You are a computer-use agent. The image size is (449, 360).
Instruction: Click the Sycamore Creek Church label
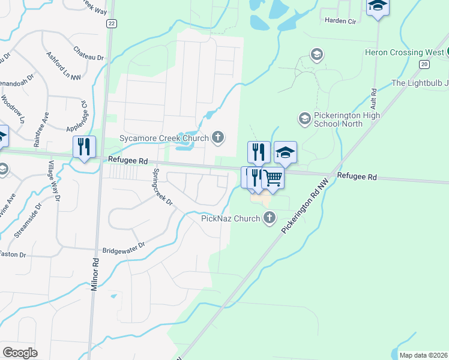click(x=163, y=138)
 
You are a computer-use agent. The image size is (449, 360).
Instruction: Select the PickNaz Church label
click(x=231, y=218)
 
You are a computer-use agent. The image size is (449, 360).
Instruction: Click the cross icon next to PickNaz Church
click(x=270, y=218)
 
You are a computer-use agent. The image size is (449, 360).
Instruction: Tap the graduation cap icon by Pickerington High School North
click(x=305, y=119)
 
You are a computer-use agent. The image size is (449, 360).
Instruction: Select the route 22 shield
click(x=111, y=23)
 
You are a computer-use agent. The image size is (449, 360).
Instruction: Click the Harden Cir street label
click(x=341, y=20)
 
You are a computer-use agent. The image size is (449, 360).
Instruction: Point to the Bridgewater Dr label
click(x=124, y=245)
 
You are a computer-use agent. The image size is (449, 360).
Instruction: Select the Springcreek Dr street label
click(x=162, y=186)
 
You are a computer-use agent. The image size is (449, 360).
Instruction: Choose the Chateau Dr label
click(x=88, y=53)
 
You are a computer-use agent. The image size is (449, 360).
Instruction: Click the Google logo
click(x=20, y=352)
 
